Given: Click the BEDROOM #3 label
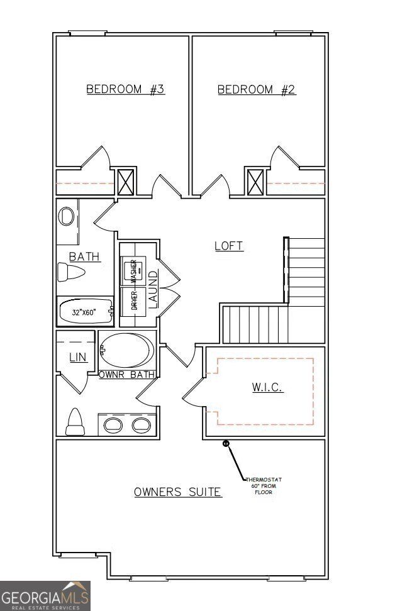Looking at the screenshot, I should tap(125, 89).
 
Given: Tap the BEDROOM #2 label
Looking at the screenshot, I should tap(257, 89).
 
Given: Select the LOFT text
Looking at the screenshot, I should tap(229, 246).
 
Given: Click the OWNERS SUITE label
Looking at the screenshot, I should tap(177, 492).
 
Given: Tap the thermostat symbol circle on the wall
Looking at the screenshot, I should tap(226, 444).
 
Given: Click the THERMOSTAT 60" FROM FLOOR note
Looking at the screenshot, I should tap(264, 486).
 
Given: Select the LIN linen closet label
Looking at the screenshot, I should tap(77, 357).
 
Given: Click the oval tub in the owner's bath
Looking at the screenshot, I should tap(127, 351).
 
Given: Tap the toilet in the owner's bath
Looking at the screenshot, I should tap(75, 422).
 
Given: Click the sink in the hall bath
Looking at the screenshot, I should tap(66, 217).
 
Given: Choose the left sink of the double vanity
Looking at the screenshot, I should tap(114, 425).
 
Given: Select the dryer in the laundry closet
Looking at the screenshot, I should tap(133, 300).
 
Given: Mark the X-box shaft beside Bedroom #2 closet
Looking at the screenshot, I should tap(255, 182).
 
